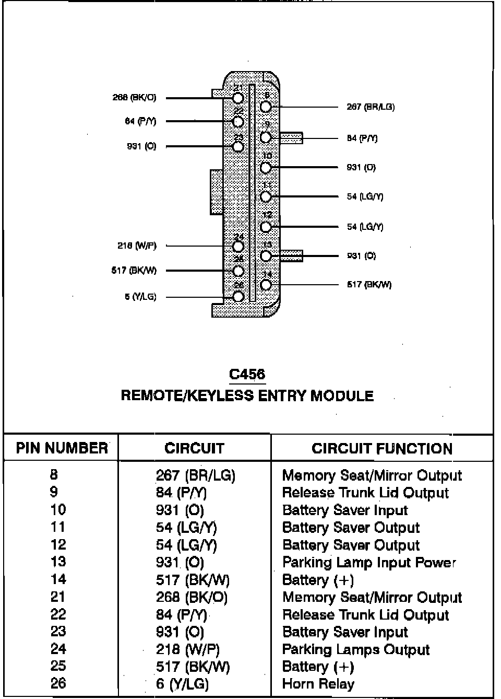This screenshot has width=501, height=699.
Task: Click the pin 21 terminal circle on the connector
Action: point(238,98)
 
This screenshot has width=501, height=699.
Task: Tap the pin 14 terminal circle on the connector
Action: point(266,285)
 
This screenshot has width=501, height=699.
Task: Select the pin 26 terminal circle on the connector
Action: point(238,296)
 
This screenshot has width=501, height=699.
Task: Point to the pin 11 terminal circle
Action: point(266,196)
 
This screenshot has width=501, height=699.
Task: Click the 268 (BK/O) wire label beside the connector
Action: point(134,98)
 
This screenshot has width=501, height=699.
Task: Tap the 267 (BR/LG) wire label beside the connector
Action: point(371,107)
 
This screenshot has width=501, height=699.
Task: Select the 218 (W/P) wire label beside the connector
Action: point(137,246)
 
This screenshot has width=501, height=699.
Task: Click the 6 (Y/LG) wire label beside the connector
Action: point(140,297)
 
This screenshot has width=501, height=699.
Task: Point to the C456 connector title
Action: point(247,374)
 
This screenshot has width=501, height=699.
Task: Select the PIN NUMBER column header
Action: point(62,448)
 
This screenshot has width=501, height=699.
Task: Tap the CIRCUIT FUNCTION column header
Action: point(382,449)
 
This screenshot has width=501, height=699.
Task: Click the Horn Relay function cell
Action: point(318,684)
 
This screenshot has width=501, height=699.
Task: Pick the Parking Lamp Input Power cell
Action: point(369,562)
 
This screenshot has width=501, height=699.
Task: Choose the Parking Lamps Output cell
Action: point(355,649)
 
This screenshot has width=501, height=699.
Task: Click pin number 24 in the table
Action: point(58,649)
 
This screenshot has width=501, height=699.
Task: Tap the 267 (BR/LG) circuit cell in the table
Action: point(196,475)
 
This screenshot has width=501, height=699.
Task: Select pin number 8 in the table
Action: point(54,475)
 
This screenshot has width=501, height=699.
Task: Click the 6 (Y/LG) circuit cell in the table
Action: point(183,684)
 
